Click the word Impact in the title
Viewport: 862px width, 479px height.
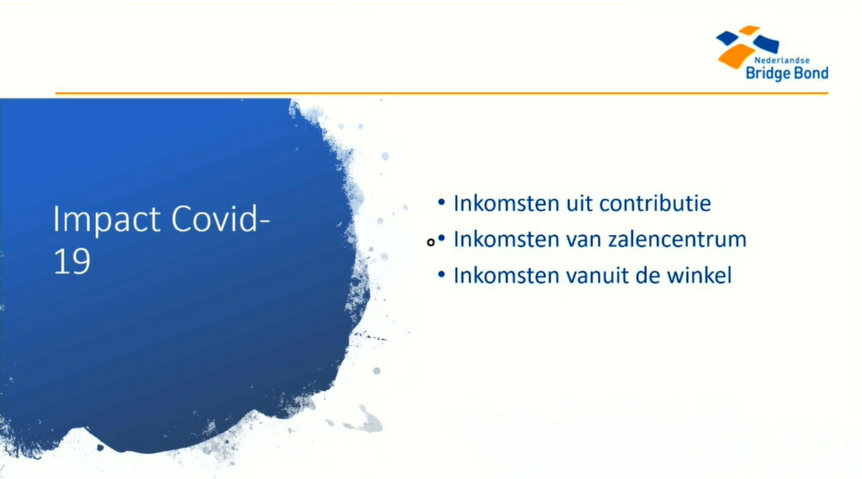(107, 221)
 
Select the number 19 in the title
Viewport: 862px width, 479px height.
(72, 261)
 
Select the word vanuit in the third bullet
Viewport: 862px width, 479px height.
(597, 275)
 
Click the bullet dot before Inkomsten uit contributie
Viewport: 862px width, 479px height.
(442, 203)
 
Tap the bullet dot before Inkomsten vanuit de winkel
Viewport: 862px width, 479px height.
(442, 274)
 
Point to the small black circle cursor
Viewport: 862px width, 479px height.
(431, 242)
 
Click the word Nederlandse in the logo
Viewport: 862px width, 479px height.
(782, 60)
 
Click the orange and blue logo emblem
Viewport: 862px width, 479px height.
(746, 46)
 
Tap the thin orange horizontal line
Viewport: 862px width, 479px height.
(442, 93)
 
